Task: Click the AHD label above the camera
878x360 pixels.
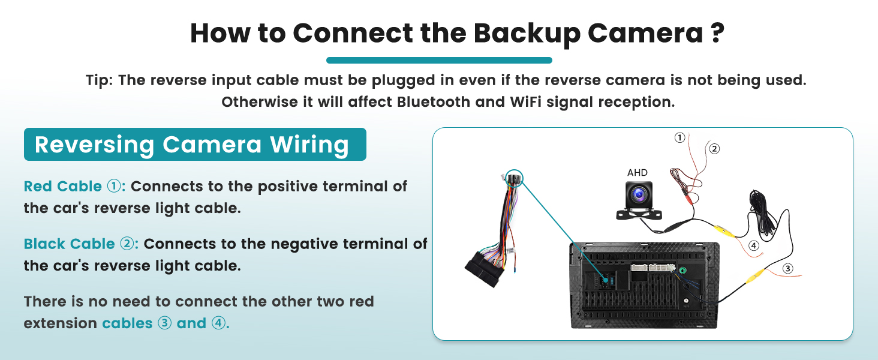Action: (638, 173)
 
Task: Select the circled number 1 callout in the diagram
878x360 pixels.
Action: (679, 137)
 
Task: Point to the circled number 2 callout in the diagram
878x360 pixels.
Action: (714, 149)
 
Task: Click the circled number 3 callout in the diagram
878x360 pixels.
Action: (788, 269)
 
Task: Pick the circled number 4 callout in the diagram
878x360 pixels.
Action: (754, 245)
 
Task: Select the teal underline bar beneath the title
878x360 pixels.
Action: (439, 60)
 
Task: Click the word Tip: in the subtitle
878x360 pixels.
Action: (100, 80)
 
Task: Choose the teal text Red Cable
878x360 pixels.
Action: (62, 187)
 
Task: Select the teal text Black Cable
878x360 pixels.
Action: (69, 244)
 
